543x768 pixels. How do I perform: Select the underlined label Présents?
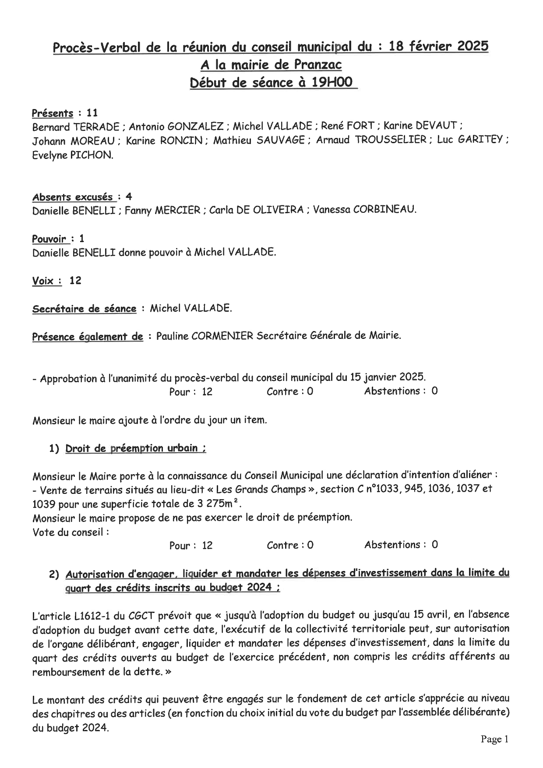(53, 113)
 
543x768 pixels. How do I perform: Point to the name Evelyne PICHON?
(72, 155)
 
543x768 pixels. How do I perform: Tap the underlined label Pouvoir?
(49, 239)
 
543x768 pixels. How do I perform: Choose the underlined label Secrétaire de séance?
(84, 309)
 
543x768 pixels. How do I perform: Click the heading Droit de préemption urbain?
(135, 449)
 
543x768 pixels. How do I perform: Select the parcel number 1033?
(386, 489)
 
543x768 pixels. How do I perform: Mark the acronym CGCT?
(141, 616)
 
